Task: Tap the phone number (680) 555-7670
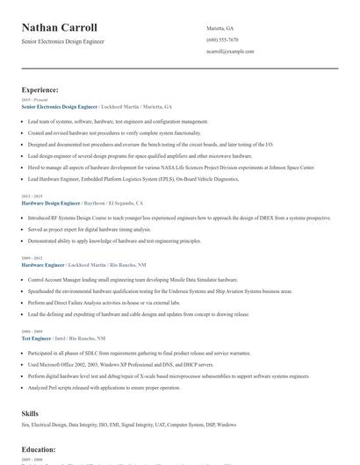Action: pyautogui.click(x=222, y=39)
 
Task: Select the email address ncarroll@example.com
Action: pyautogui.click(x=229, y=52)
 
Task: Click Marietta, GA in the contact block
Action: pyautogui.click(x=220, y=28)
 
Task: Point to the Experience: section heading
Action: pyautogui.click(x=40, y=89)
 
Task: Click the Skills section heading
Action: pyautogui.click(x=31, y=412)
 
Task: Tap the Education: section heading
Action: pyautogui.click(x=40, y=449)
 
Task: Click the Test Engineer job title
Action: pyautogui.click(x=37, y=338)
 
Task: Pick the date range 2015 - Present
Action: pyautogui.click(x=32, y=100)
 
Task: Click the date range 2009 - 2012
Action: pyautogui.click(x=31, y=258)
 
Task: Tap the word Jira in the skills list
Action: pyautogui.click(x=25, y=425)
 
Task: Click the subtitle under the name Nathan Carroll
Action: pyautogui.click(x=69, y=42)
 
